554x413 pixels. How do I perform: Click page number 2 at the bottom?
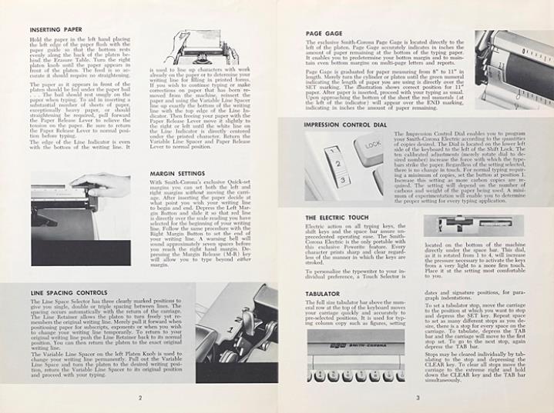point(139,398)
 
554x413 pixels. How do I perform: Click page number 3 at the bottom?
point(415,398)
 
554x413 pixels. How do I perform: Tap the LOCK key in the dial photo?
point(373,144)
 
